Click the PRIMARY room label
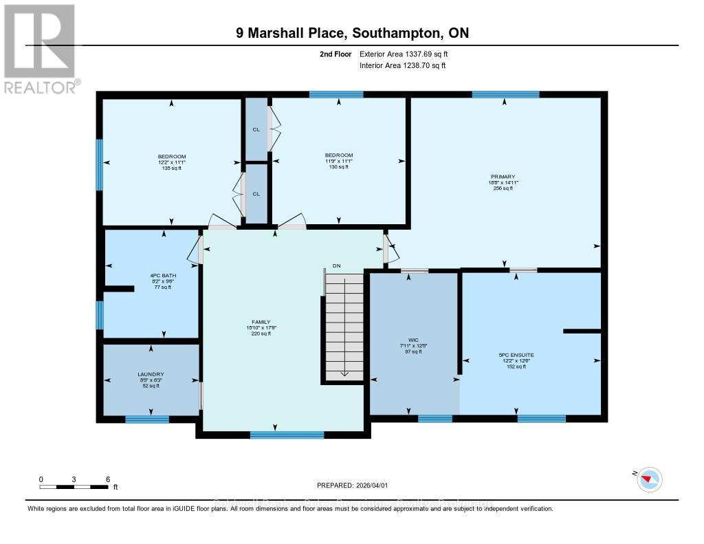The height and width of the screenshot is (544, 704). (503, 177)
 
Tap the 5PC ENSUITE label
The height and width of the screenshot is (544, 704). (516, 355)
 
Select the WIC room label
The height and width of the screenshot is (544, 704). (413, 340)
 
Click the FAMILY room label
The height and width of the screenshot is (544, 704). (261, 322)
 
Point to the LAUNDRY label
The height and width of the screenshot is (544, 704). (151, 375)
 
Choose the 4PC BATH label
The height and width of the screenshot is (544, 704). (160, 276)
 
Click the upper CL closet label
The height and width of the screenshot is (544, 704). (256, 129)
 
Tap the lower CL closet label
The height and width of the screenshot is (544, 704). (256, 194)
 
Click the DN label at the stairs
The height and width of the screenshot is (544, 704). (336, 265)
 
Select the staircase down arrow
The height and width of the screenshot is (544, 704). (344, 373)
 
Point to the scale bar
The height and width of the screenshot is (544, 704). (74, 487)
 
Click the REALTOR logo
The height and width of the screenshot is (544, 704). (40, 48)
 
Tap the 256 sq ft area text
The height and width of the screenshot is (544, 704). (503, 188)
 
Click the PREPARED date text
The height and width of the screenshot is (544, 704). (351, 485)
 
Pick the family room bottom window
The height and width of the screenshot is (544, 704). (287, 435)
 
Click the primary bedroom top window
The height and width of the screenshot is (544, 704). (505, 94)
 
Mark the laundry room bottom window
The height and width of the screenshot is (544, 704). (147, 419)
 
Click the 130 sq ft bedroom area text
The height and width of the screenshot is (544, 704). (338, 167)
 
